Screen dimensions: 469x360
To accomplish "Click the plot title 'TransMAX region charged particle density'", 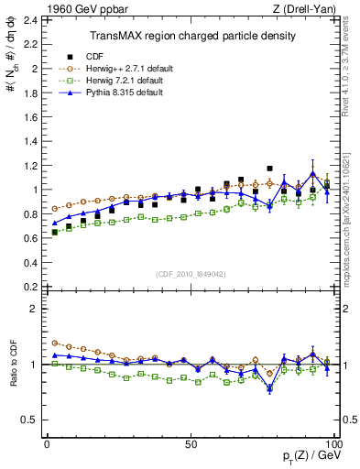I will point(191,36).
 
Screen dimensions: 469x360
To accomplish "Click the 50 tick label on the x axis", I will point(191,443).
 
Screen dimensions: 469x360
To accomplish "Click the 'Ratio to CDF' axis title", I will point(13,377).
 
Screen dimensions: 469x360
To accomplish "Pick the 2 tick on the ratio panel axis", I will point(35,309).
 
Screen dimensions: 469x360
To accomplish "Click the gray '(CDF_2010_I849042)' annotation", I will point(191,273).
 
